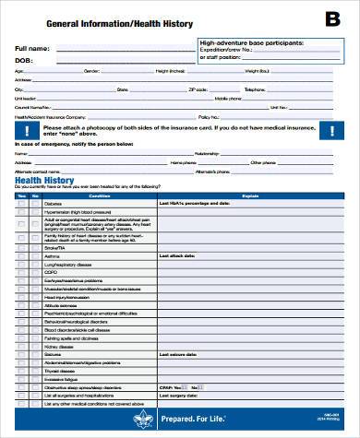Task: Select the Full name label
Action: (x=33, y=47)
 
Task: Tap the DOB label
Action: (x=24, y=59)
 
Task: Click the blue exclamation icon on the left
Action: (x=22, y=132)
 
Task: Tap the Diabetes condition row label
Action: (x=53, y=204)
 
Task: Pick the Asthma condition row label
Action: (x=52, y=256)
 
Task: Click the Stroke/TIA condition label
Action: (x=54, y=248)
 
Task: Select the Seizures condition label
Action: (x=53, y=353)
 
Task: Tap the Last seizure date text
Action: (x=178, y=353)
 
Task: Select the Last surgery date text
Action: (x=178, y=395)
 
